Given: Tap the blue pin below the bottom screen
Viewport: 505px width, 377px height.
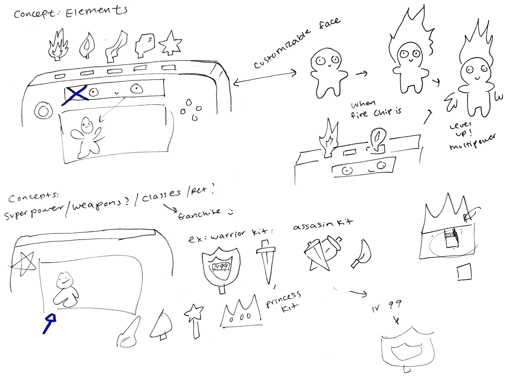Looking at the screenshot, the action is (x=49, y=323).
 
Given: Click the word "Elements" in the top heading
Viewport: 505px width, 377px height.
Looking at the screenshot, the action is (x=96, y=12).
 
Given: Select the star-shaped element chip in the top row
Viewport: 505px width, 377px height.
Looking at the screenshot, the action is (x=170, y=44).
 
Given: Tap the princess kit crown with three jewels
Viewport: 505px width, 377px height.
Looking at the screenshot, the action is (x=241, y=312).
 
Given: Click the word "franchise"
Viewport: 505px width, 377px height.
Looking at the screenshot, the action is (x=199, y=213).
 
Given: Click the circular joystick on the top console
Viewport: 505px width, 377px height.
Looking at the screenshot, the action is (x=44, y=111).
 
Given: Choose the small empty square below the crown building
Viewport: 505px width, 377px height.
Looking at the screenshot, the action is (x=464, y=272).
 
